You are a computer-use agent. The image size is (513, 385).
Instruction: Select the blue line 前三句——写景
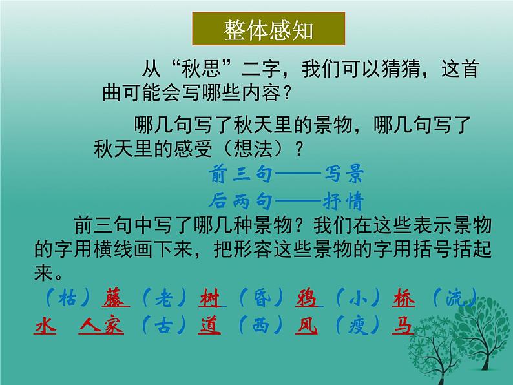pyautogui.click(x=287, y=175)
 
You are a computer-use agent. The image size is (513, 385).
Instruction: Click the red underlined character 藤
pyautogui.click(x=116, y=298)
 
